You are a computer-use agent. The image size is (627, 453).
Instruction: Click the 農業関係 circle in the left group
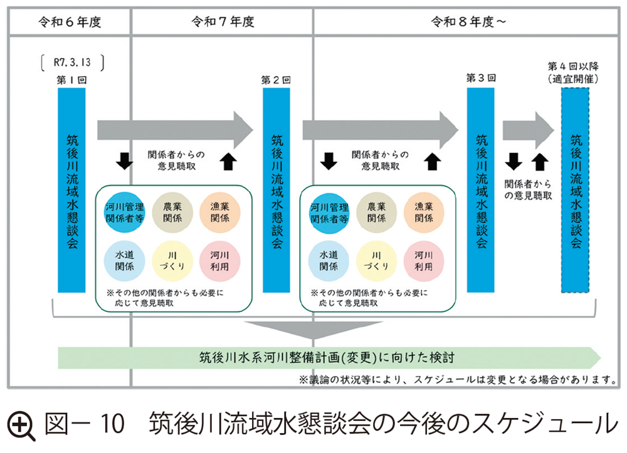tap(172, 212)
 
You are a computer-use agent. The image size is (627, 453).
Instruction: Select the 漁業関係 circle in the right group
tap(424, 212)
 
